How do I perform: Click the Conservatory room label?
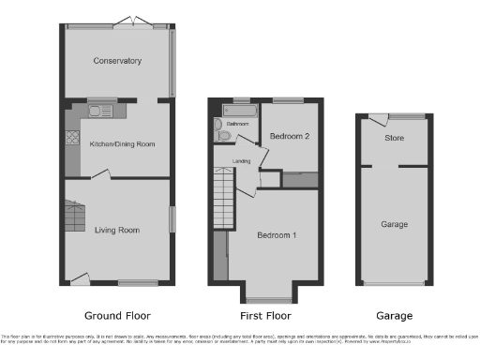click(x=117, y=61)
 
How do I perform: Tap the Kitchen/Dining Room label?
click(x=122, y=144)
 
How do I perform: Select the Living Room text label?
click(x=117, y=230)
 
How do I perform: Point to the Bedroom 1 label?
click(x=277, y=234)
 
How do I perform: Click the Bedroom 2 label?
click(x=290, y=137)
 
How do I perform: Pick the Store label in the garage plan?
click(x=395, y=139)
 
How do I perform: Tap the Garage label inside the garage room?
click(x=395, y=225)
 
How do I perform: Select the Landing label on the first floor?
click(x=242, y=160)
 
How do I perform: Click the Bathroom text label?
click(x=237, y=124)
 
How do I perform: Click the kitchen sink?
click(x=100, y=112)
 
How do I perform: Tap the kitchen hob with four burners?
click(x=72, y=140)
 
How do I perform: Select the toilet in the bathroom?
click(x=222, y=135)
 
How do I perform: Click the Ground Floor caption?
click(x=117, y=316)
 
